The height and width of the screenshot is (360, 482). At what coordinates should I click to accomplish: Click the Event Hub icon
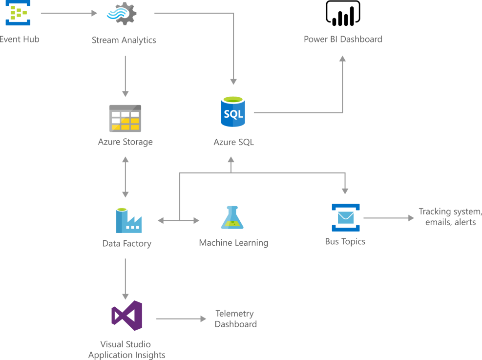pyautogui.click(x=18, y=13)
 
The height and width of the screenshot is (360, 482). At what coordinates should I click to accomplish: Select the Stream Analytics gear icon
pyautogui.click(x=122, y=15)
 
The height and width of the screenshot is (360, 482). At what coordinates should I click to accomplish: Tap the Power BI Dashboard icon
pyautogui.click(x=343, y=14)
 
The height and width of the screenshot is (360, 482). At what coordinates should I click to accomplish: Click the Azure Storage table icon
pyautogui.click(x=126, y=118)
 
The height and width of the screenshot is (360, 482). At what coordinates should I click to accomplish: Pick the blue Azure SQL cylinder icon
pyautogui.click(x=233, y=112)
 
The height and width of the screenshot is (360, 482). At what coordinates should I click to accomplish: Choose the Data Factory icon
pyautogui.click(x=128, y=221)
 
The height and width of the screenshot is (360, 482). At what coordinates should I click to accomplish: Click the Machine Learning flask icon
pyautogui.click(x=232, y=218)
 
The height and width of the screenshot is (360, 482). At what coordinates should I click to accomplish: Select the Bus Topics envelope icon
pyautogui.click(x=346, y=217)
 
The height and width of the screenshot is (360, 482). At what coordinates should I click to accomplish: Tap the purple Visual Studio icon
pyautogui.click(x=127, y=316)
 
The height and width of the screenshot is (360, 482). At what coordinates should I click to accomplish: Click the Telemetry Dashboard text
pyautogui.click(x=235, y=319)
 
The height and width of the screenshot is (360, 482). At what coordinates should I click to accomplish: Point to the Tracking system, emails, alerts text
pyautogui.click(x=450, y=217)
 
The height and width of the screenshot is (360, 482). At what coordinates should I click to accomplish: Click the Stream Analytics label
pyautogui.click(x=124, y=40)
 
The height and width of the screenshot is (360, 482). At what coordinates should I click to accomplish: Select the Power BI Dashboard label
pyautogui.click(x=343, y=39)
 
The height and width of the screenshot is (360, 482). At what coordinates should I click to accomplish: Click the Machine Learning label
pyautogui.click(x=233, y=243)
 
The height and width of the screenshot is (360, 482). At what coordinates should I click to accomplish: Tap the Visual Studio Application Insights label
pyautogui.click(x=126, y=350)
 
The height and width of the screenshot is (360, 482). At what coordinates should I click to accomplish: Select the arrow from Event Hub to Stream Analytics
pyautogui.click(x=69, y=13)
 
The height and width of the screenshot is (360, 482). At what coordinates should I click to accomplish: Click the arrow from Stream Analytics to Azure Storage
pyautogui.click(x=126, y=76)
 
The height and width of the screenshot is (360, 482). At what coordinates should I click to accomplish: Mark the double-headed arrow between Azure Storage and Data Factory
pyautogui.click(x=126, y=177)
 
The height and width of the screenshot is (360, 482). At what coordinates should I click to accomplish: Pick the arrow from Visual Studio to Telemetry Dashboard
pyautogui.click(x=181, y=319)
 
